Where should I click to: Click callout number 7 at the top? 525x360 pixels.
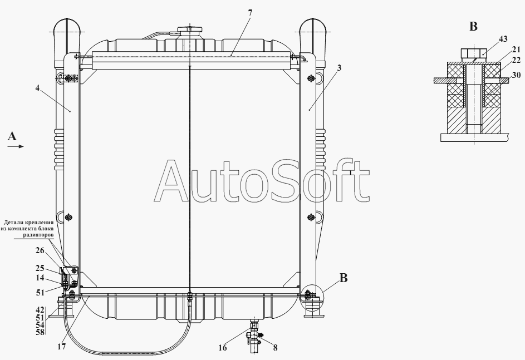250,13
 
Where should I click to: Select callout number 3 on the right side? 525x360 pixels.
339,68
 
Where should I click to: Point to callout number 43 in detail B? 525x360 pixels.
503,39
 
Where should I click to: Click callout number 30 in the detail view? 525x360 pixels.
516,75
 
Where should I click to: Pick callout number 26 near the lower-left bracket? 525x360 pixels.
40,250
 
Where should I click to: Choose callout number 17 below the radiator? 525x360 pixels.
61,347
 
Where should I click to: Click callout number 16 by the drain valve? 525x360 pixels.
223,348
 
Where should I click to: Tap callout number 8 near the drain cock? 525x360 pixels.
275,348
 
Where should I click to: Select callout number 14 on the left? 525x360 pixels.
40,278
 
